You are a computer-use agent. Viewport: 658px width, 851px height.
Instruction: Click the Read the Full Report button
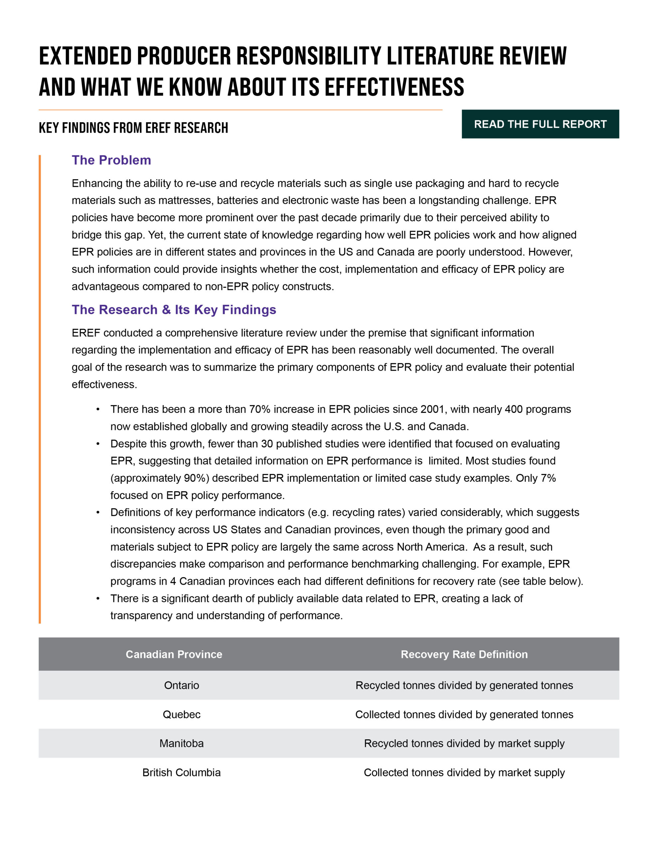[x=540, y=124]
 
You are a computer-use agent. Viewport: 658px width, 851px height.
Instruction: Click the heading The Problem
[x=111, y=160]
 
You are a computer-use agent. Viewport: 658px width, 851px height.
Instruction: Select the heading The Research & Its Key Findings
[x=174, y=309]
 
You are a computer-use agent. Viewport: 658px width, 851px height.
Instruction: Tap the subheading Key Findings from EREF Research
[x=133, y=128]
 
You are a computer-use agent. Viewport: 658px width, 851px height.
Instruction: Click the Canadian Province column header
[x=174, y=654]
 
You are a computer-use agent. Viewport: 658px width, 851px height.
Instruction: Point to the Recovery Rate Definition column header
[x=464, y=654]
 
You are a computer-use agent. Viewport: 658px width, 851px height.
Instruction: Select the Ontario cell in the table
[x=181, y=685]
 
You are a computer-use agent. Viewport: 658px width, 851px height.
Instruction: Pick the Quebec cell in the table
[x=181, y=714]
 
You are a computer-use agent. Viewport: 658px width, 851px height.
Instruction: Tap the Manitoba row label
[x=181, y=743]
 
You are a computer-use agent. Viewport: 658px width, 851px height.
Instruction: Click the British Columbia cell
[x=181, y=772]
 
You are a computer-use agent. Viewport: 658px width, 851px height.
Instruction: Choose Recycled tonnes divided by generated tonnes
[x=464, y=685]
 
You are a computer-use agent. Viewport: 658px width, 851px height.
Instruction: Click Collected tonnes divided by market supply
[x=464, y=772]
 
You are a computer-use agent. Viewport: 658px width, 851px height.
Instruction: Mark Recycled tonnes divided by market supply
[x=464, y=743]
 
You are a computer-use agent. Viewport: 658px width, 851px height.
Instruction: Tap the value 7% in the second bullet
[x=548, y=478]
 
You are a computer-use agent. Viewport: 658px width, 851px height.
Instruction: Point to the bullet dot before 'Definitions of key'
[x=98, y=512]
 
